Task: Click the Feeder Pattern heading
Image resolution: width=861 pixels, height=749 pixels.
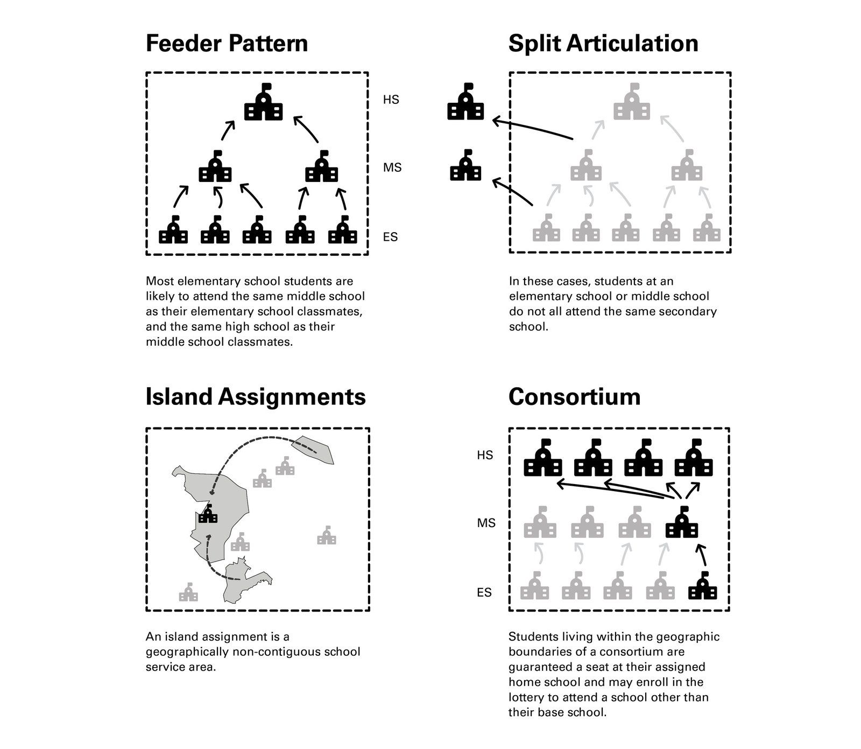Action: [x=227, y=44]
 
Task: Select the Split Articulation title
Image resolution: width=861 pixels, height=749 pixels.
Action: [x=603, y=44]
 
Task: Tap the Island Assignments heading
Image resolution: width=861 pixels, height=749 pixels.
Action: [x=256, y=397]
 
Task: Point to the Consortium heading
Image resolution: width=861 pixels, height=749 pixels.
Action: [x=574, y=397]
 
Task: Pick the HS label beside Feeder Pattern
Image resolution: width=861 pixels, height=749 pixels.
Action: [x=391, y=100]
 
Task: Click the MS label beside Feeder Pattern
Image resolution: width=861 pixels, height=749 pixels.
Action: [x=392, y=168]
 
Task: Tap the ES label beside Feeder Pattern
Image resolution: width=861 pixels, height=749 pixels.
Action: [x=391, y=237]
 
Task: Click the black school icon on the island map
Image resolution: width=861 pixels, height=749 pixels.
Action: [x=208, y=514]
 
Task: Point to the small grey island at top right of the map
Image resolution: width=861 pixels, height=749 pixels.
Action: [x=313, y=449]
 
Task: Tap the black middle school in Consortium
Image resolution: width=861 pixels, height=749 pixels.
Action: [x=682, y=523]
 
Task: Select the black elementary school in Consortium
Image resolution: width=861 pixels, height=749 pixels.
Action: [x=703, y=586]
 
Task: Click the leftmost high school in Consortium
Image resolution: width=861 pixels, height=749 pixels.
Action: [x=543, y=459]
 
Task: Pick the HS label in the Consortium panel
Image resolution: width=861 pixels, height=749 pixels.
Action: [x=485, y=456]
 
